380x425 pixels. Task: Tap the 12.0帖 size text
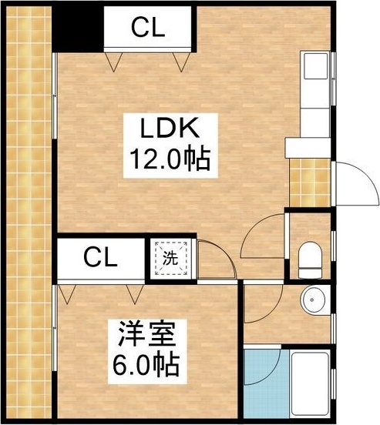165,159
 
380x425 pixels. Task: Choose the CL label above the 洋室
101,256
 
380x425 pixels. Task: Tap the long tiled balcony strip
27,216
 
